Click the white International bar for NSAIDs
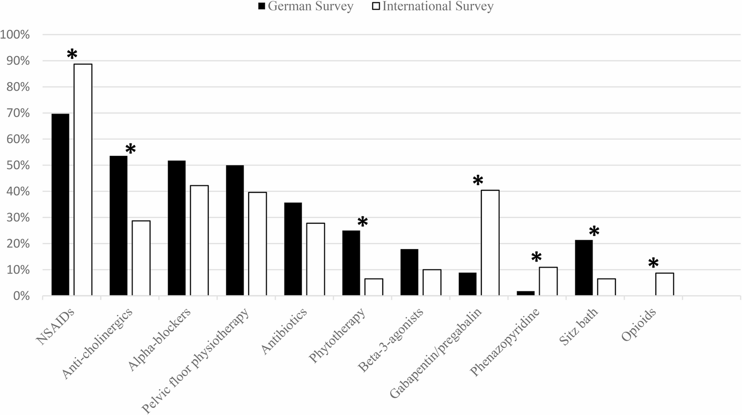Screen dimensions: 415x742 coord(83,179)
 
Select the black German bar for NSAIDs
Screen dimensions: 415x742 coord(60,205)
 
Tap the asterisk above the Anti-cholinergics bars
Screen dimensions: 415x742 coord(131,148)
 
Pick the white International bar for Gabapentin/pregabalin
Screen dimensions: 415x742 coord(490,243)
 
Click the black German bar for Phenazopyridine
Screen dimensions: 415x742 coord(526,293)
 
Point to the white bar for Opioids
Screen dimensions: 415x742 coord(665,284)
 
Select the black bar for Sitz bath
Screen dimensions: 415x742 coord(584,268)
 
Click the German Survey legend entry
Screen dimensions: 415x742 coord(305,6)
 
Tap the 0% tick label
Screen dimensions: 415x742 coord(20,296)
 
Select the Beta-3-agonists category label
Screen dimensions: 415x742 coord(392,340)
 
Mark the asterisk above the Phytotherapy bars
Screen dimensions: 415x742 coord(362,222)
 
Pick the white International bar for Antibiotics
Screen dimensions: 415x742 coord(315,260)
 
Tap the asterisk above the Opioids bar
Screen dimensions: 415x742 coord(653,263)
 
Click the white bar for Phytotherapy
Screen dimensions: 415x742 coord(374,287)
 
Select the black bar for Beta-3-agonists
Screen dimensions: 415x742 coord(409,273)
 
